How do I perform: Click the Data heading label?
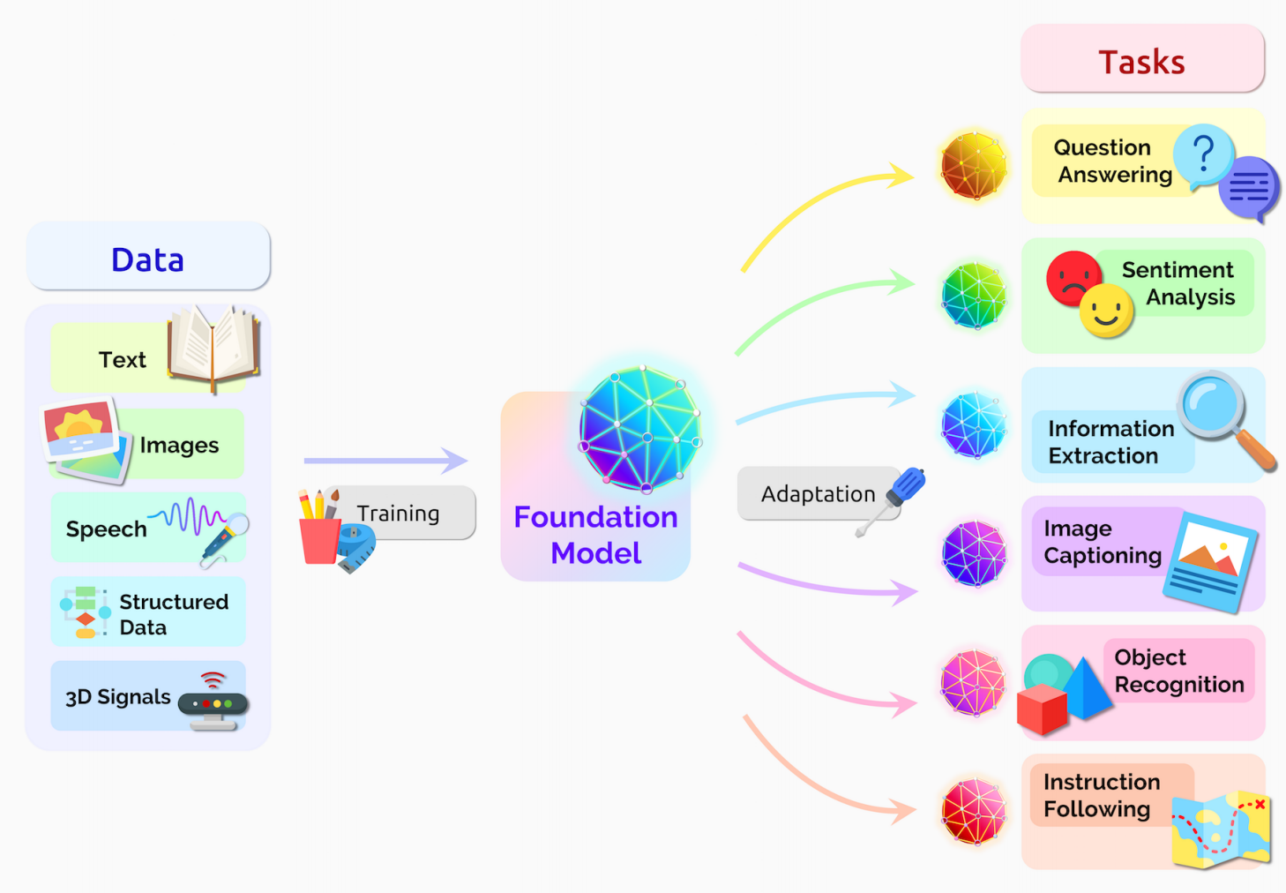pos(147,259)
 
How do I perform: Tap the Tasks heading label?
pos(1141,62)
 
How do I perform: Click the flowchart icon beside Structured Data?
pos(85,611)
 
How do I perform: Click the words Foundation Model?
pos(595,535)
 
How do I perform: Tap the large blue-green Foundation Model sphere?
pos(641,429)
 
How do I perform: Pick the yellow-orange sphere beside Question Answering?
pos(974,166)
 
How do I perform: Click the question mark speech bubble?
pos(1203,155)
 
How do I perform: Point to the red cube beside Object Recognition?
pos(1042,709)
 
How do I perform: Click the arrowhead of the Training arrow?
pos(455,460)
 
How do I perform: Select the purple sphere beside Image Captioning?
pos(974,554)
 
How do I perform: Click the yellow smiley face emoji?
pos(1106,311)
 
